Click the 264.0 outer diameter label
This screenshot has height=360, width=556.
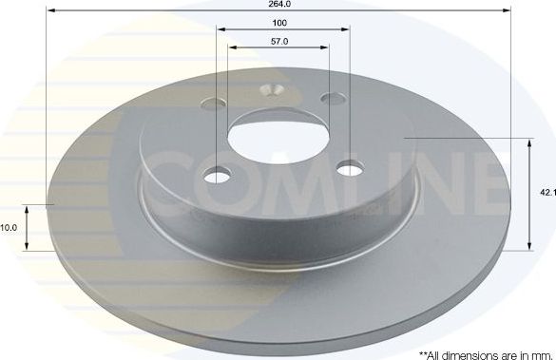279,4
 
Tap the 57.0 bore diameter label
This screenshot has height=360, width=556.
279,42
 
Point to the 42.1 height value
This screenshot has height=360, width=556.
546,193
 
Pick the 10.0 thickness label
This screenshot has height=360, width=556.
10,228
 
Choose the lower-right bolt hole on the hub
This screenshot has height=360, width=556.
351,168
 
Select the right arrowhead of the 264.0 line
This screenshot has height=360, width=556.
509,10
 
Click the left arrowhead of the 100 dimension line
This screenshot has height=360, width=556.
220,29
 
